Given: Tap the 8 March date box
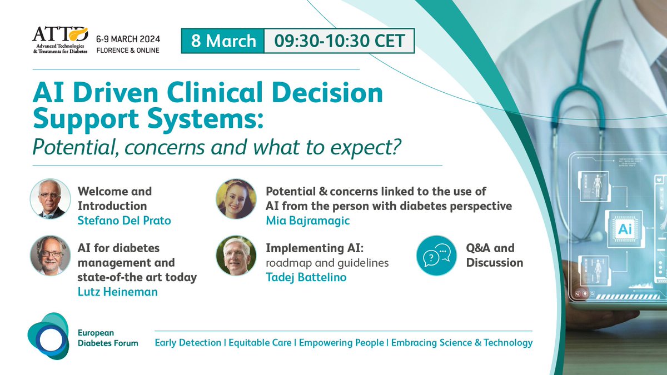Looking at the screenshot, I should coord(223,41).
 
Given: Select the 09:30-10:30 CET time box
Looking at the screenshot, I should coord(339,41).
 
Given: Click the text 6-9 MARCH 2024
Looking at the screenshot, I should coord(128,39).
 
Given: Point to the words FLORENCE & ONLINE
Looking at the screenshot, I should coord(128,51).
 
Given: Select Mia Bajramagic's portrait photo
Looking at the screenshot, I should coord(236,198).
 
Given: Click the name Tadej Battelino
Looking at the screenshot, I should coord(306,277).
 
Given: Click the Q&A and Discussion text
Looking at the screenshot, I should coord(495,255).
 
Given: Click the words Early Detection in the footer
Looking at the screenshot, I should coord(188,342).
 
